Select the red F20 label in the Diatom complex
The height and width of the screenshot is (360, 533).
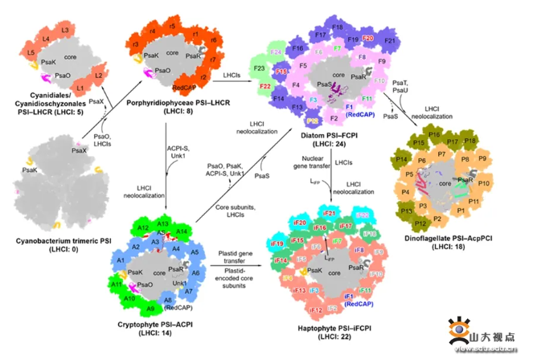tap(368, 39)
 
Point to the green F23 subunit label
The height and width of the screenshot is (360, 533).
tap(259, 70)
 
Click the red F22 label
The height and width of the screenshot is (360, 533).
tap(265, 86)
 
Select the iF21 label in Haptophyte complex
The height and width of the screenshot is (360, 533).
tap(327, 212)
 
